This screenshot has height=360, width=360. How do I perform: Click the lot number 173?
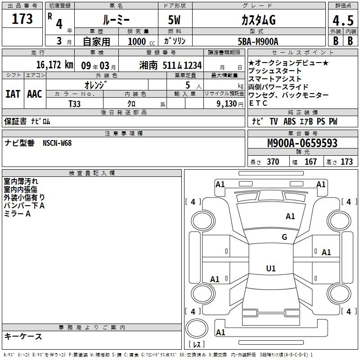pos(22,18)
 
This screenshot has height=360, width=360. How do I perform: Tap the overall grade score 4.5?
pos(343,20)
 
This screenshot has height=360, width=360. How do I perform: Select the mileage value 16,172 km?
pos(55,65)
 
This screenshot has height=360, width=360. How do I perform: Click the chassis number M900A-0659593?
pos(302,143)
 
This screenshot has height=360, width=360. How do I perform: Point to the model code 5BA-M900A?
pos(258,41)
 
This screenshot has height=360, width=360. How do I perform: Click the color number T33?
pos(74,104)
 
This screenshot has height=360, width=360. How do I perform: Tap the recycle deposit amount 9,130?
pos(227,104)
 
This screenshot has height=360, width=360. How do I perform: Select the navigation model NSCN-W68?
pos(57,143)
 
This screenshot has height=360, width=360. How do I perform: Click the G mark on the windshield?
pos(284,237)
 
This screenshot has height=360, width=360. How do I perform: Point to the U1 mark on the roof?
pos(271,268)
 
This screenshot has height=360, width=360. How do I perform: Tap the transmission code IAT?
pos(13,94)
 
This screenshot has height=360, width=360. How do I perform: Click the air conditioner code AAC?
pos(35,94)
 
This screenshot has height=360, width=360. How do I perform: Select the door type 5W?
pos(174,20)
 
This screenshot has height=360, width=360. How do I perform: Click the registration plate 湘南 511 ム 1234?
pos(171,65)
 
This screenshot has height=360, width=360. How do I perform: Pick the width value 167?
pos(310,162)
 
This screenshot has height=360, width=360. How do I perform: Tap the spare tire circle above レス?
pos(197,328)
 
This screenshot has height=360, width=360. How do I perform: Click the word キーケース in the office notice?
pos(23,336)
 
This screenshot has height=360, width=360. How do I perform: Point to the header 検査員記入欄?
pos(92,173)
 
